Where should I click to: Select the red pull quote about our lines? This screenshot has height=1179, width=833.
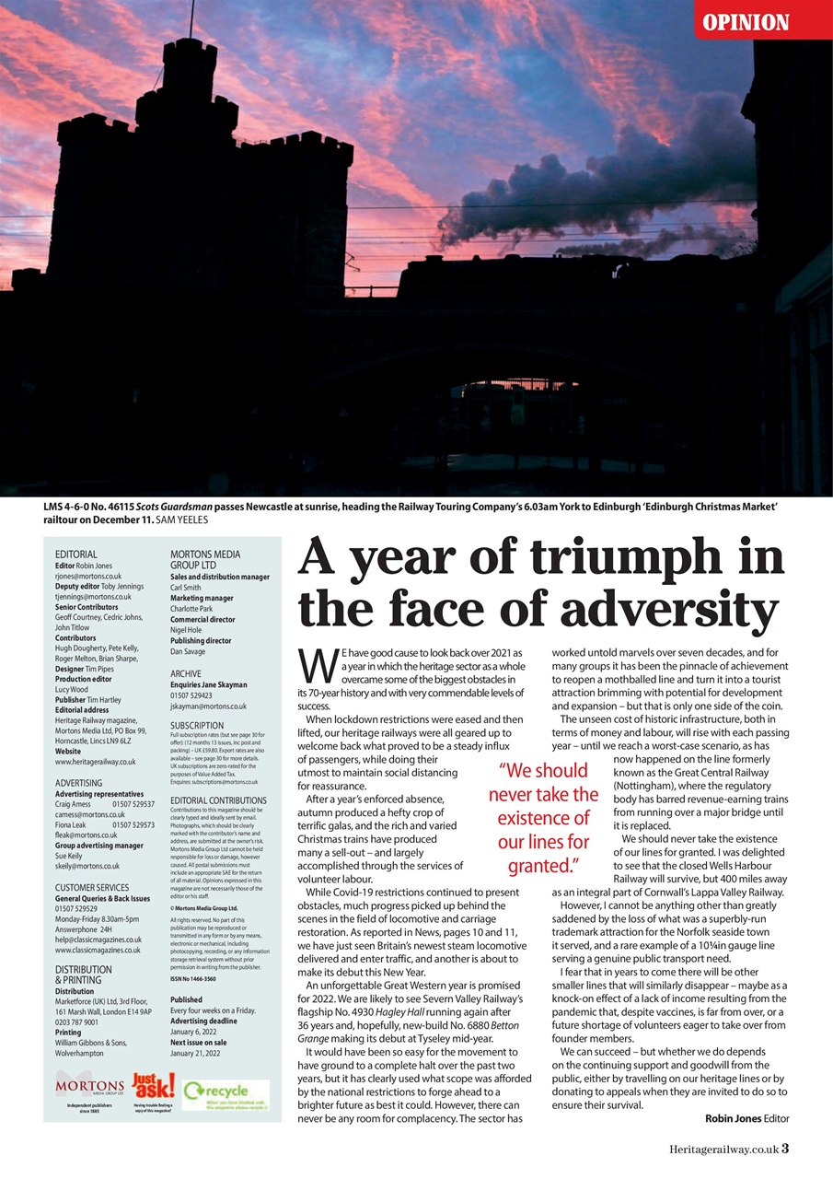[x=543, y=818]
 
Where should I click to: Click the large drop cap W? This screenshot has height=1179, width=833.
[x=315, y=664]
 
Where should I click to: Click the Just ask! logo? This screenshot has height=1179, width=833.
[x=153, y=1087]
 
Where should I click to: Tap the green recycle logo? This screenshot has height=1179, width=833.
[x=226, y=1092]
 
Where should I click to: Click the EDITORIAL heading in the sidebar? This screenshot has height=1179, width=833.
[x=75, y=554]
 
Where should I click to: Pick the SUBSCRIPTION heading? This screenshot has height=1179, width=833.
[x=197, y=726]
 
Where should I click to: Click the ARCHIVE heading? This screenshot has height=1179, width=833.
[x=186, y=674]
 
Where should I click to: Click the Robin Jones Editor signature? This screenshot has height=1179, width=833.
[x=746, y=1118]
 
